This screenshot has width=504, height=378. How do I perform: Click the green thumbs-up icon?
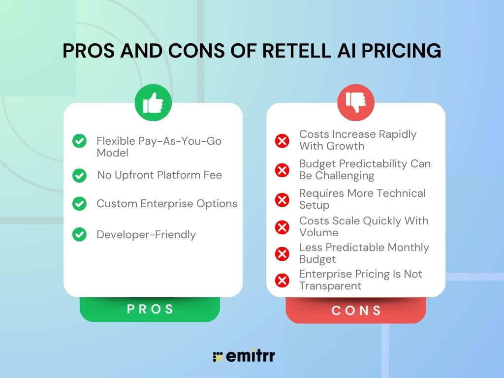click(x=153, y=103)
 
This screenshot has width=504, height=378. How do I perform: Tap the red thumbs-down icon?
click(x=355, y=103)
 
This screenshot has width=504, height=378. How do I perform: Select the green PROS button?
click(x=150, y=309)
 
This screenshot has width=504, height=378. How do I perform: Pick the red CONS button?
click(x=356, y=311)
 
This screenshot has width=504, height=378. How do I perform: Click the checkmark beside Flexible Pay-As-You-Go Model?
click(x=79, y=141)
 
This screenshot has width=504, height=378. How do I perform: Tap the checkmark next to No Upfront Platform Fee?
click(x=79, y=175)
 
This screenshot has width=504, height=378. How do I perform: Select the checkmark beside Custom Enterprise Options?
click(x=79, y=204)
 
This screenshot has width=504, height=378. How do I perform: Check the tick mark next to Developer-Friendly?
click(x=79, y=235)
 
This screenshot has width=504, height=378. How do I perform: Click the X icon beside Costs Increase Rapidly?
click(x=282, y=141)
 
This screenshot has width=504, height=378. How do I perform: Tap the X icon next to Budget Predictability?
click(x=282, y=170)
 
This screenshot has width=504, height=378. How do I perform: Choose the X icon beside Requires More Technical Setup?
click(x=282, y=200)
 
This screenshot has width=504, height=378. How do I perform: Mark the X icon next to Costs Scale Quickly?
click(x=282, y=227)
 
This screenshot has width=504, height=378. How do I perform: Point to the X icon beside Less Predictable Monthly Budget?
click(x=282, y=254)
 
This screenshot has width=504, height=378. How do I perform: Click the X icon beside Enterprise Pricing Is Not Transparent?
click(x=282, y=281)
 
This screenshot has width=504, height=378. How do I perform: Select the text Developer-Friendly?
click(x=146, y=235)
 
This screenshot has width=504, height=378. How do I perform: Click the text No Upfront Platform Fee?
click(x=159, y=175)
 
